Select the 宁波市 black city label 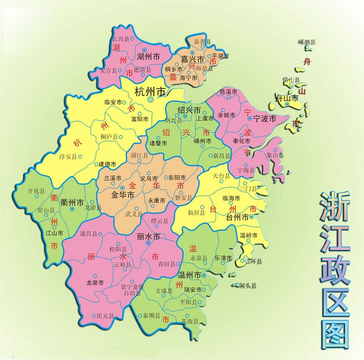265,118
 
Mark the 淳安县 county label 68,157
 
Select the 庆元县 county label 105,316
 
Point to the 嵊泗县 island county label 307,43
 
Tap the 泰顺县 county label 150,316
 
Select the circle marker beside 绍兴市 185,117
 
